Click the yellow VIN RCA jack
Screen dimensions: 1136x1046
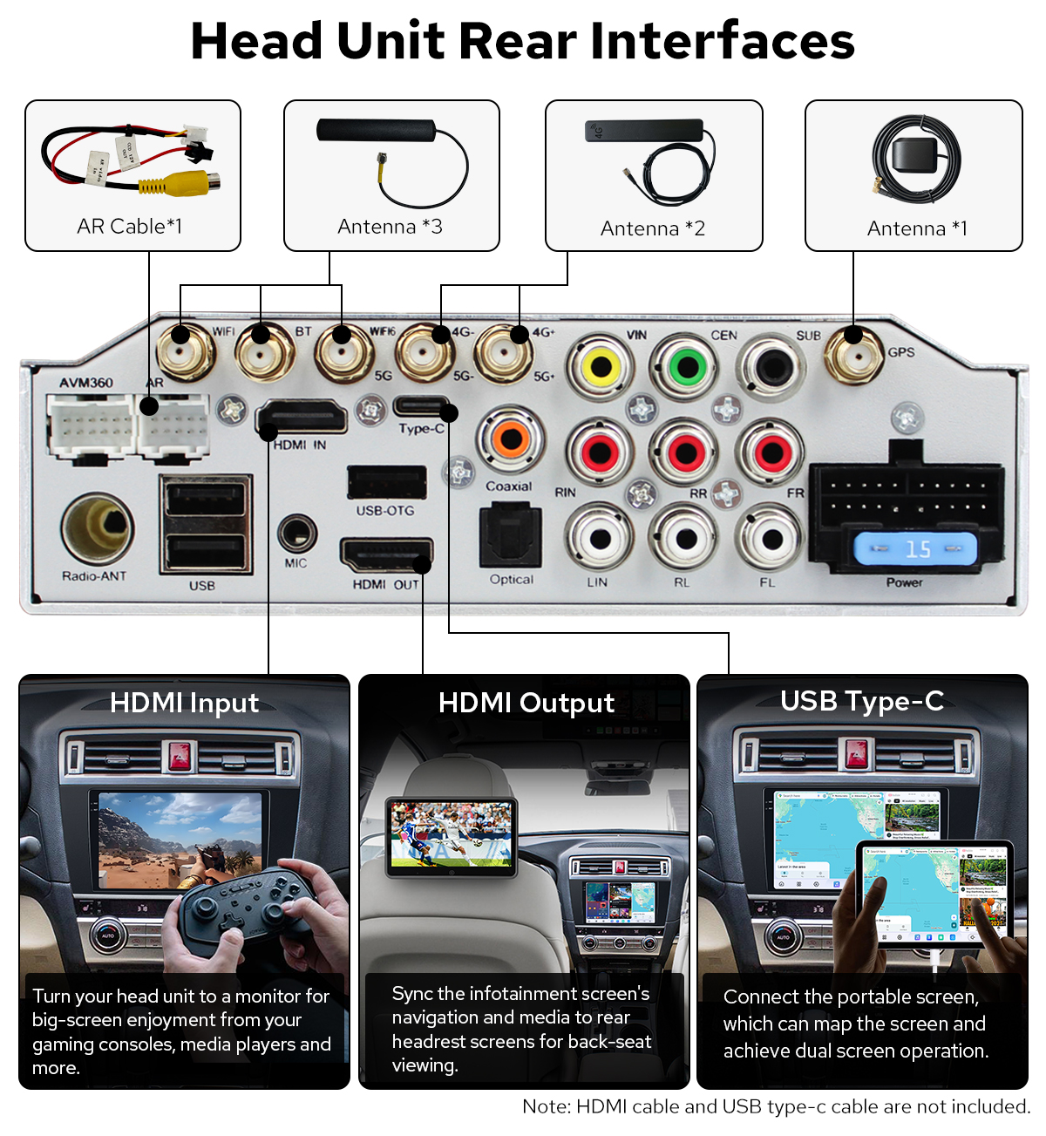[601, 367]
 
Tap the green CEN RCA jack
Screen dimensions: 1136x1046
[687, 366]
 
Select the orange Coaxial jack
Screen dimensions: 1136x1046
[511, 439]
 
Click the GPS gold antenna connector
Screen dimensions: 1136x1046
[854, 354]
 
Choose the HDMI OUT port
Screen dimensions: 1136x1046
[386, 555]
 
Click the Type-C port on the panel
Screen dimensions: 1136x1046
[422, 406]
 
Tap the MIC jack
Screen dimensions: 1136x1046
[296, 532]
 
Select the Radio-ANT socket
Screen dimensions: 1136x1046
[98, 527]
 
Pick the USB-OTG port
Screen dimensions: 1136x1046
[386, 482]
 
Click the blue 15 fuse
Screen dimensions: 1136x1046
[915, 549]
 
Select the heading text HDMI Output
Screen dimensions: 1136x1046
[526, 703]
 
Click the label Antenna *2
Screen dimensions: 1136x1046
[653, 228]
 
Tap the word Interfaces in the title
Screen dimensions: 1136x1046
[723, 41]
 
